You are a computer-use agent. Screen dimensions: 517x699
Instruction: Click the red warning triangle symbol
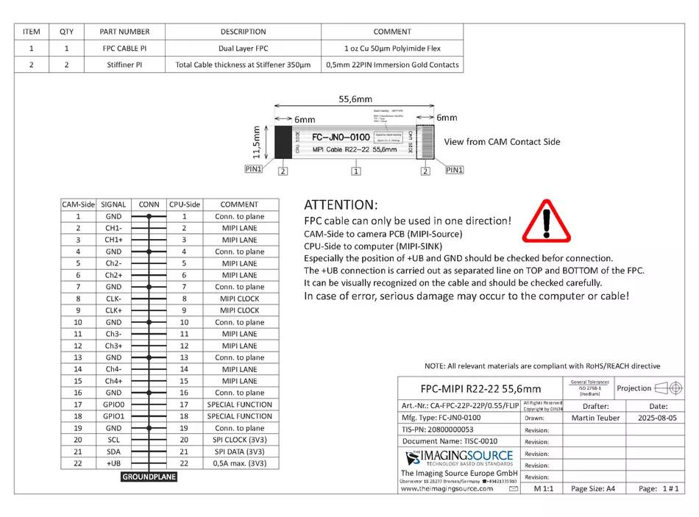pos(546,221)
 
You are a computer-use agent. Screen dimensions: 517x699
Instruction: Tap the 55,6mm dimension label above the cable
pos(355,99)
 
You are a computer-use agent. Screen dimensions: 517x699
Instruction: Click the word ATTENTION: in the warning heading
pos(341,204)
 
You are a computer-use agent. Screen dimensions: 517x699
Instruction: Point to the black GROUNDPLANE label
pos(149,477)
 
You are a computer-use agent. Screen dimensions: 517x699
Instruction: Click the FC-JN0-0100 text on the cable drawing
pos(341,138)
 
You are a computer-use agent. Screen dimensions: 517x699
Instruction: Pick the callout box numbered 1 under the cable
pos(356,171)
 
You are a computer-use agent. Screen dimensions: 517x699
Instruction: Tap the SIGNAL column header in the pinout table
pos(113,204)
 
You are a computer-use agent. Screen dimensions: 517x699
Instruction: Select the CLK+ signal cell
pos(113,310)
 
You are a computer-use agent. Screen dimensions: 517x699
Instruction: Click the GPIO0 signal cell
pos(113,404)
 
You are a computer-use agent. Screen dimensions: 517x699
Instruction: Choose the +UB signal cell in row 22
pos(113,463)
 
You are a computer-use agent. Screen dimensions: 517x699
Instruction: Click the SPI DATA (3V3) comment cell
pos(239,452)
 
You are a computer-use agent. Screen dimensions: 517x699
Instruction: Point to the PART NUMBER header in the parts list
pos(124,32)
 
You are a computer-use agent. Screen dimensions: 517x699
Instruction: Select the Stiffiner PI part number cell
pos(124,65)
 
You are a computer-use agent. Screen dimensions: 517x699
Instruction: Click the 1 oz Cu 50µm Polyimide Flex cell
pos(392,49)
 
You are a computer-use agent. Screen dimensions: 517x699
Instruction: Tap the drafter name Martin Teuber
pos(595,418)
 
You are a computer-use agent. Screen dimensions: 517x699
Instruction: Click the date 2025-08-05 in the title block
pos(659,418)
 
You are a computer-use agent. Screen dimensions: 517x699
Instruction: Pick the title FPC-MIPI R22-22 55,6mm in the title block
pos(480,388)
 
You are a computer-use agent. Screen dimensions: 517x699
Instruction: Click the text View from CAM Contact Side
pos(502,142)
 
